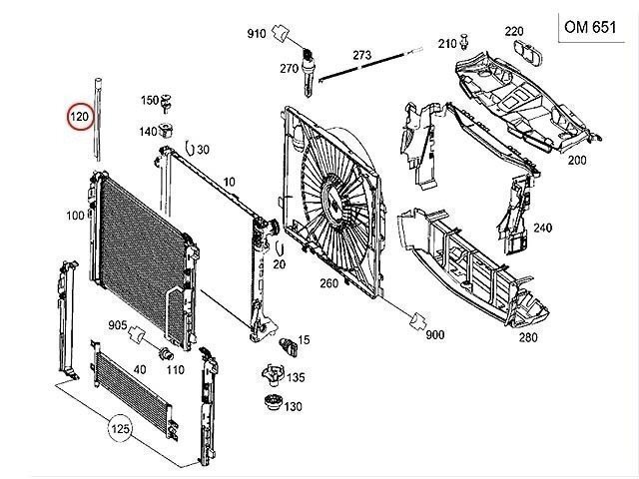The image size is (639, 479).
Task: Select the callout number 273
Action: (361, 54)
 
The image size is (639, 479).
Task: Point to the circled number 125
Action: (121, 430)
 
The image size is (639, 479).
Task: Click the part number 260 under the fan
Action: (328, 282)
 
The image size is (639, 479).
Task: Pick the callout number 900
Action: (434, 335)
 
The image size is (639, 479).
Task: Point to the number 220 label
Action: (514, 31)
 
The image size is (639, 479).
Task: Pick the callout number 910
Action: (257, 35)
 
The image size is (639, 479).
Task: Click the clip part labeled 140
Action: (169, 130)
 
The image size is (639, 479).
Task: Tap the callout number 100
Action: (75, 216)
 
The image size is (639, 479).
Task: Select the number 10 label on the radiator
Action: (229, 182)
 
